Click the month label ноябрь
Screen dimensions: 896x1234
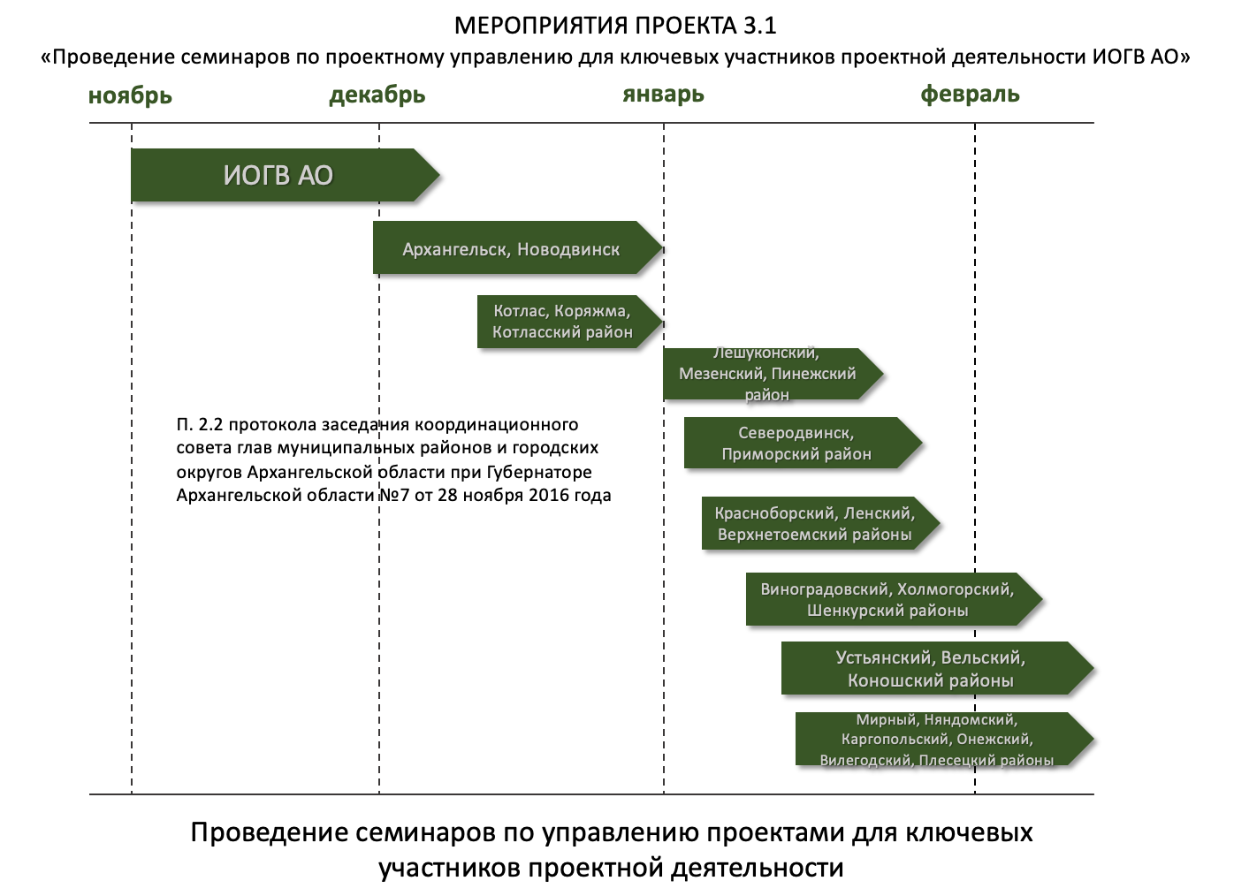coord(130,95)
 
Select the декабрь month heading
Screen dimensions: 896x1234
coord(377,95)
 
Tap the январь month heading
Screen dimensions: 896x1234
coord(663,94)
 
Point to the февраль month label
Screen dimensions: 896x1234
coord(970,94)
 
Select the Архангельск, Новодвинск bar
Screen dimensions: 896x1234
coord(511,249)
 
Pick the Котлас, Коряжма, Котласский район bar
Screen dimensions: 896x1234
coord(562,322)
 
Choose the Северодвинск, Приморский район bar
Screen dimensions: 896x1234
coord(796,444)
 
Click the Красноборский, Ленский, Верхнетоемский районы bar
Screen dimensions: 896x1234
coord(814,524)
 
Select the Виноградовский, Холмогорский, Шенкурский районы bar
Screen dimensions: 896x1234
coord(887,600)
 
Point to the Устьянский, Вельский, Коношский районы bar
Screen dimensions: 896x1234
coord(930,669)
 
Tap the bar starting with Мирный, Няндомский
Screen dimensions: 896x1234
coord(936,740)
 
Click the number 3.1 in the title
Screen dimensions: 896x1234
coord(759,26)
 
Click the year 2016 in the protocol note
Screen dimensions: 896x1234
coord(549,495)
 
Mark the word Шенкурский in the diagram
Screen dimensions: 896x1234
coord(850,611)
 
